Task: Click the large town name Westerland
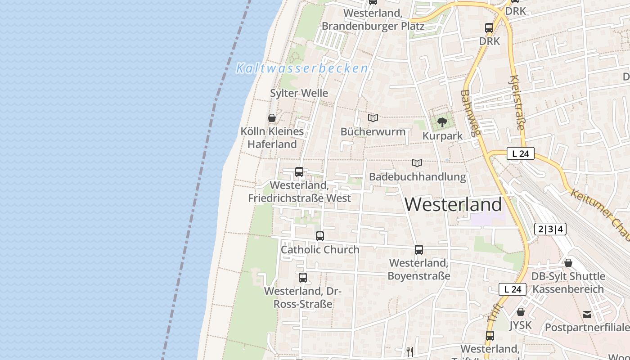(453, 205)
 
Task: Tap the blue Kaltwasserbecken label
(302, 68)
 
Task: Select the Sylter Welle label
(299, 93)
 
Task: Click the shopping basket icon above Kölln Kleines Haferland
(272, 118)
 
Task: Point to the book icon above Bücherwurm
(373, 118)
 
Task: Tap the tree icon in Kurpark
(442, 121)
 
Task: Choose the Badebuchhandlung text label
(417, 176)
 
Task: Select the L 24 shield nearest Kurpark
(520, 153)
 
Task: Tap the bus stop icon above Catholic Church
(320, 236)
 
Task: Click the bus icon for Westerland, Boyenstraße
(419, 249)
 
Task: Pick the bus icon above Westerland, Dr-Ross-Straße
(303, 277)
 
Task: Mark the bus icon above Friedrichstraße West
(299, 171)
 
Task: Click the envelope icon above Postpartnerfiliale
(587, 314)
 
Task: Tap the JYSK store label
(521, 325)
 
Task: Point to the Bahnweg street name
(471, 112)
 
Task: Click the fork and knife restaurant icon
(410, 351)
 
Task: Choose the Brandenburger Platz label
(373, 26)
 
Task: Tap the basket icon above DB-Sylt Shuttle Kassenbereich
(568, 263)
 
